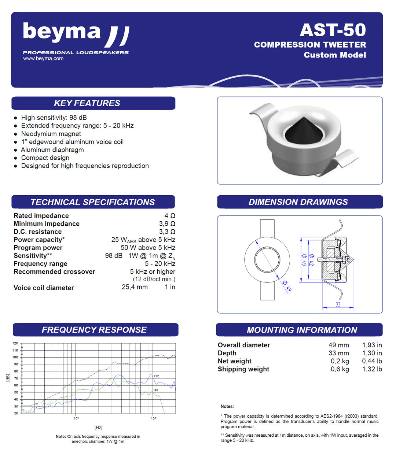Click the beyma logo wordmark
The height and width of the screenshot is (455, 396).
click(x=62, y=32)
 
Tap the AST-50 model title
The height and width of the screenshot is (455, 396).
click(x=333, y=30)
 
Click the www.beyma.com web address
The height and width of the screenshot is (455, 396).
click(x=43, y=59)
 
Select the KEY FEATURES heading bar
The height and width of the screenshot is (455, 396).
click(x=93, y=103)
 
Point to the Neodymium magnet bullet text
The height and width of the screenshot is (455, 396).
click(x=51, y=134)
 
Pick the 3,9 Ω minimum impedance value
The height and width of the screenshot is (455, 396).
click(x=167, y=224)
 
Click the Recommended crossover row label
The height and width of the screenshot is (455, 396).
click(x=54, y=272)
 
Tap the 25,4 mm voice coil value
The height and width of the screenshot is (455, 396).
click(x=135, y=287)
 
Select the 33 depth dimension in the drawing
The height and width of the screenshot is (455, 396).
click(x=338, y=304)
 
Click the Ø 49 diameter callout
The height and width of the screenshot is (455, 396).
click(x=287, y=286)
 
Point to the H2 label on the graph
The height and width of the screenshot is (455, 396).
click(x=157, y=376)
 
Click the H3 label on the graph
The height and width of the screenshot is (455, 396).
click(x=156, y=390)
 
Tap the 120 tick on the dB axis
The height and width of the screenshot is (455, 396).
click(x=15, y=344)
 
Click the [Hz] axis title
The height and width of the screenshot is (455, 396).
click(x=98, y=428)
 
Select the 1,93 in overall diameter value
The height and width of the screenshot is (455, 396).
click(x=372, y=345)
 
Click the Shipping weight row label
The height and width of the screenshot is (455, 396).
click(x=243, y=369)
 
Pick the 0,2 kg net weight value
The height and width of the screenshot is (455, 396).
click(x=340, y=361)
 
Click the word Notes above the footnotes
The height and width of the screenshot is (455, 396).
click(x=227, y=407)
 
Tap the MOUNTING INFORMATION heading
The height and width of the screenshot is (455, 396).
click(x=302, y=330)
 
